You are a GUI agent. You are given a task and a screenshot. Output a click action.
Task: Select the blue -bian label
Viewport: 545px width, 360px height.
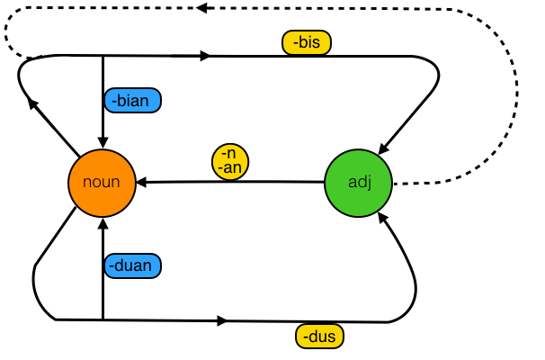pyautogui.click(x=132, y=101)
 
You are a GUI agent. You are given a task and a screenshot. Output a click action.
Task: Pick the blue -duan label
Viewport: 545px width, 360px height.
pyautogui.click(x=132, y=265)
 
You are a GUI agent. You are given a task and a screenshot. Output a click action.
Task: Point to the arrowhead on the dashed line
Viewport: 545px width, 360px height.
pyautogui.click(x=201, y=8)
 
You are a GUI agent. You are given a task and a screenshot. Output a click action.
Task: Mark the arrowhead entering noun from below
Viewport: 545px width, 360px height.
pyautogui.click(x=103, y=222)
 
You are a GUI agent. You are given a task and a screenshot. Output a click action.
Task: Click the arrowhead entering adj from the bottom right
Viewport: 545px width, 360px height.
pyautogui.click(x=387, y=218)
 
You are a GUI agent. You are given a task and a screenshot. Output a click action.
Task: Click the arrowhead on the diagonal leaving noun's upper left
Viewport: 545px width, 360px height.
pyautogui.click(x=33, y=103)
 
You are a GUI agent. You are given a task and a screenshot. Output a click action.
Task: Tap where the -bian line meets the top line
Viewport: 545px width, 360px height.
pyautogui.click(x=103, y=57)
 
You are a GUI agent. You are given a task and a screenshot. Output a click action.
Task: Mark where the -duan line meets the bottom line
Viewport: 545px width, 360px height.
pyautogui.click(x=103, y=319)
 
